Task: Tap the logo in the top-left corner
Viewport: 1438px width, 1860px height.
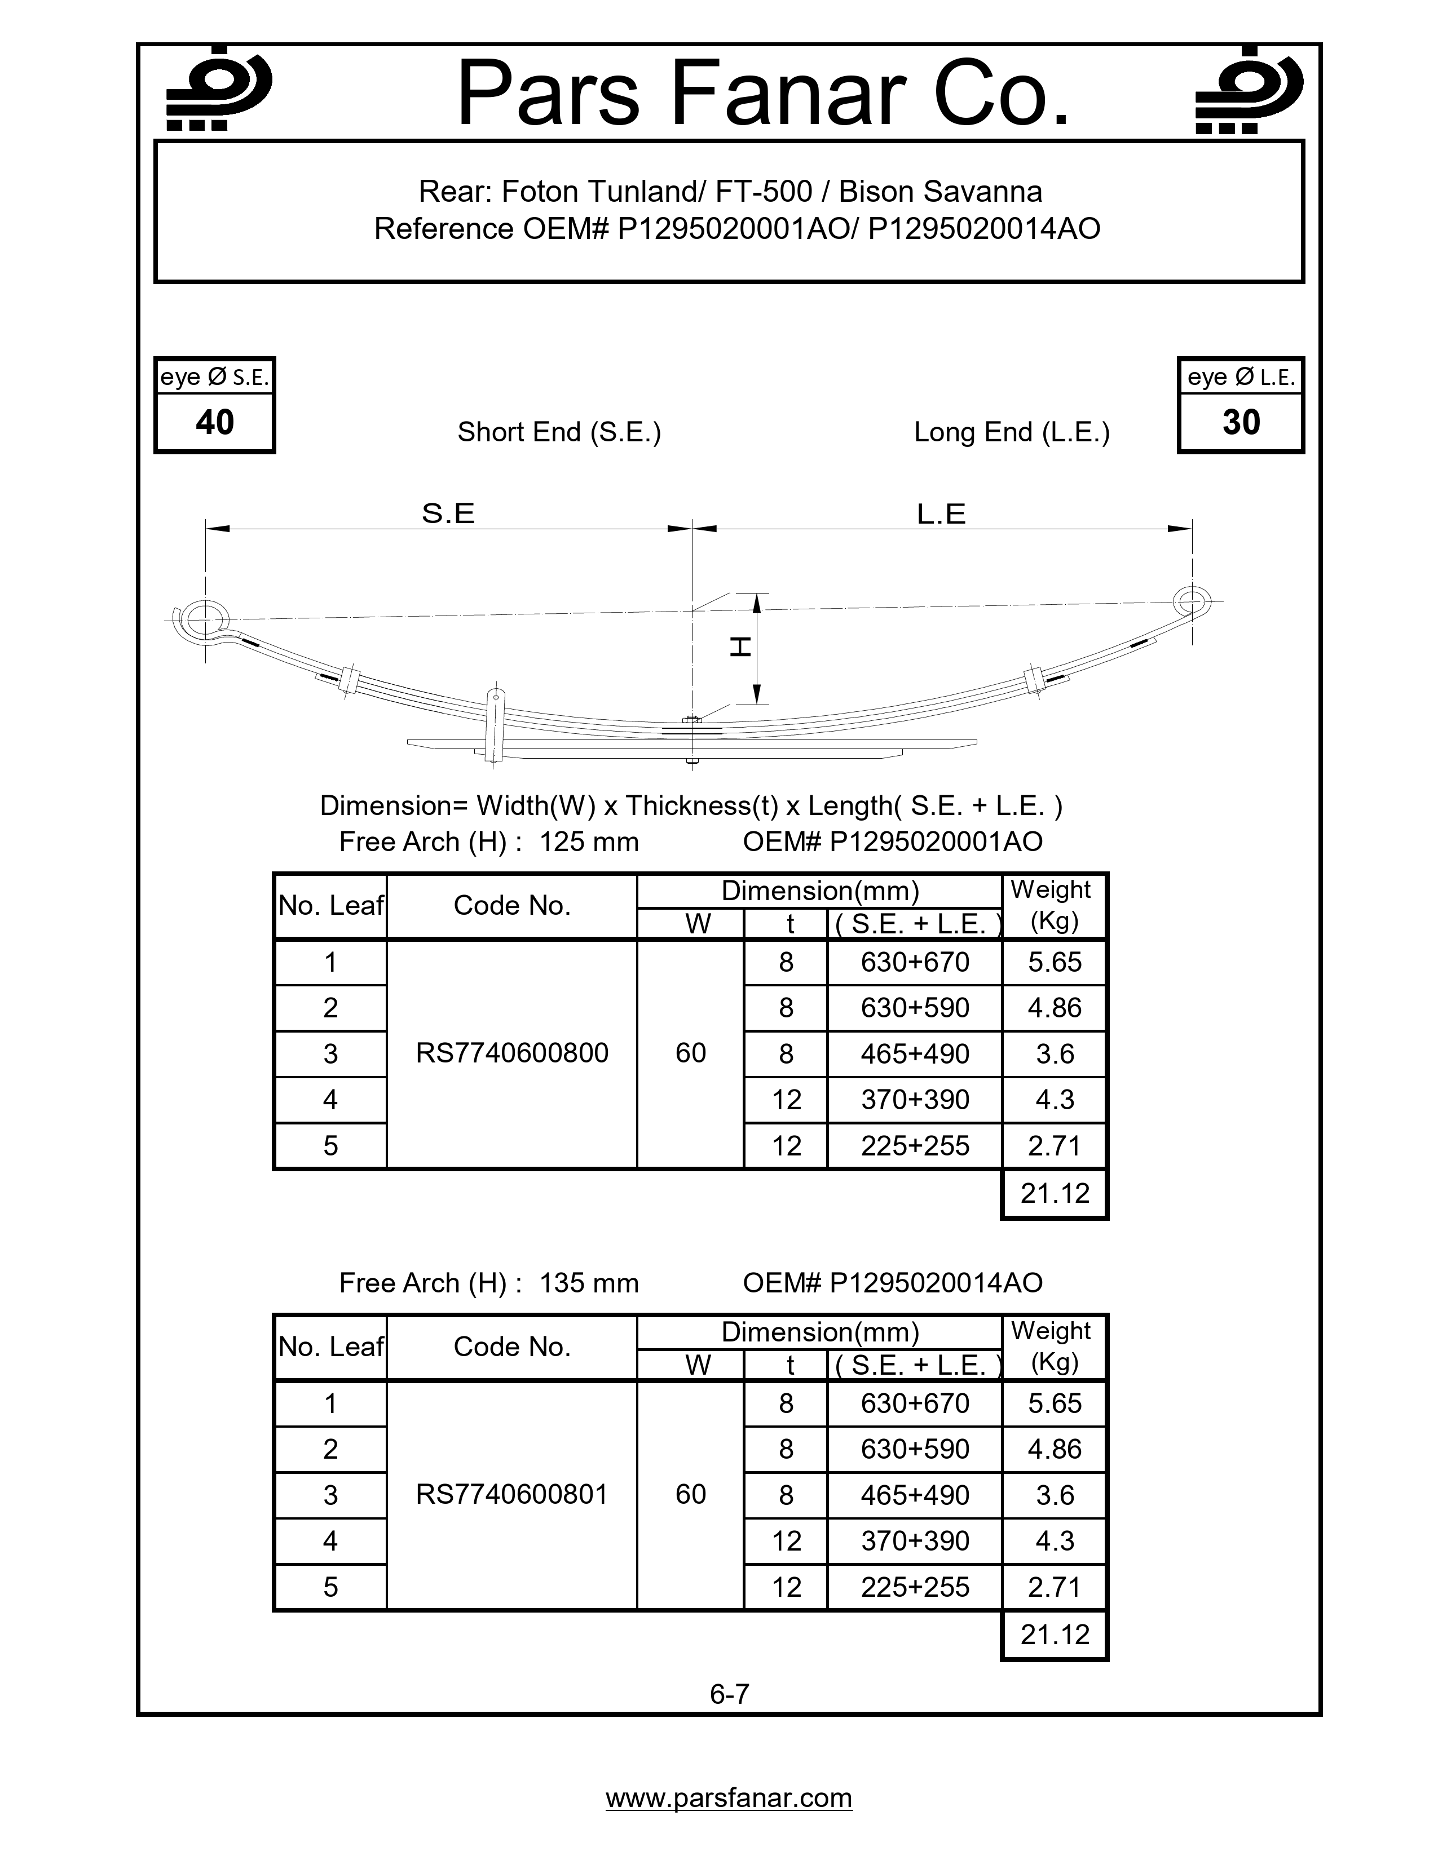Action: pyautogui.click(x=218, y=88)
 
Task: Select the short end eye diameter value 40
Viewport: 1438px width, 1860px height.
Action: pyautogui.click(x=215, y=422)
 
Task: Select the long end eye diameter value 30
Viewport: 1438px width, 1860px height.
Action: pyautogui.click(x=1241, y=422)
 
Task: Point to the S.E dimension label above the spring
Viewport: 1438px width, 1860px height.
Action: pyautogui.click(x=448, y=513)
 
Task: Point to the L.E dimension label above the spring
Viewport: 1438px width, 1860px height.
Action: pyautogui.click(x=941, y=513)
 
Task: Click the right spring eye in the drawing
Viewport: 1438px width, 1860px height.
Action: pyautogui.click(x=1191, y=601)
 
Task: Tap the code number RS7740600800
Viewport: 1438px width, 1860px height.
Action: pyautogui.click(x=512, y=1053)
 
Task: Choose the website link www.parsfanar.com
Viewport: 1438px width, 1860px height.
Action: pyautogui.click(x=729, y=1798)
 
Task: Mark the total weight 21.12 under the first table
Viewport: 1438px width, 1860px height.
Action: pyautogui.click(x=1055, y=1194)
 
